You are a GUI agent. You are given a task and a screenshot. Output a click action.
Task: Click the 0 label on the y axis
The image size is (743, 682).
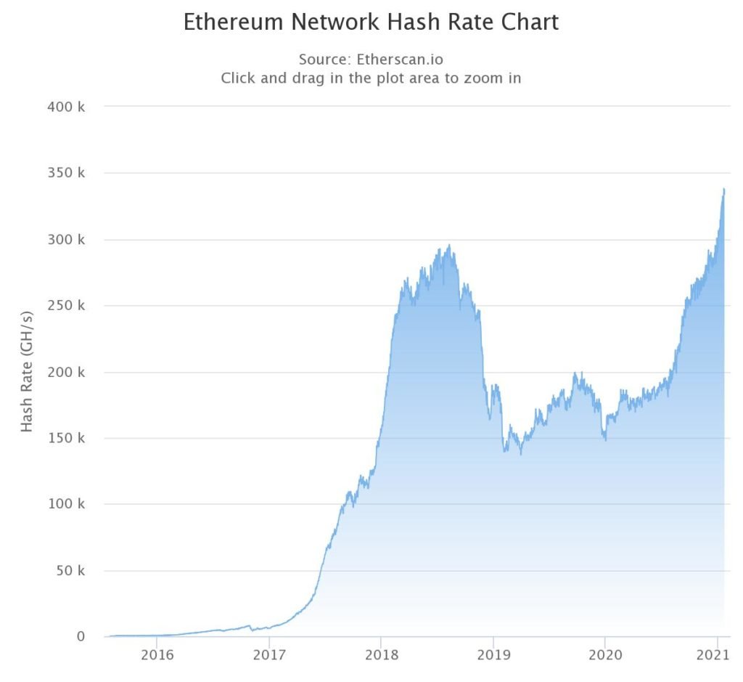pyautogui.click(x=81, y=636)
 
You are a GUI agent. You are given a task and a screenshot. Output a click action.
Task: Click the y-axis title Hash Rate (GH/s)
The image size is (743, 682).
pyautogui.click(x=27, y=371)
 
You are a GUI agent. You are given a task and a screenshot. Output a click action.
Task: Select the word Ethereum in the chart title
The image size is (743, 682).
pyautogui.click(x=233, y=22)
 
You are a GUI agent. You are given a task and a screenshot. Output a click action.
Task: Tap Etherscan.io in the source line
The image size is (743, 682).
pyautogui.click(x=400, y=59)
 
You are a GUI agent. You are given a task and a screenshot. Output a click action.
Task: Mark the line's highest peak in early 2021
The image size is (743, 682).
pyautogui.click(x=723, y=190)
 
